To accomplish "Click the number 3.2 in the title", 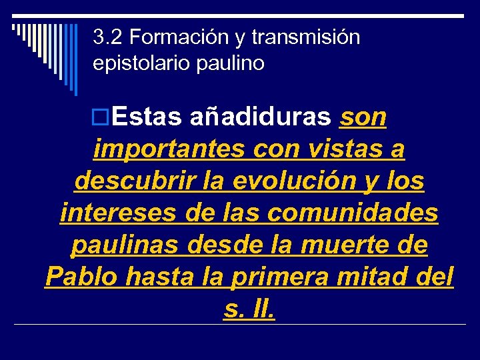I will pyautogui.click(x=105, y=37).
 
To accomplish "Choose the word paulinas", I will pyautogui.click(x=125, y=245).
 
